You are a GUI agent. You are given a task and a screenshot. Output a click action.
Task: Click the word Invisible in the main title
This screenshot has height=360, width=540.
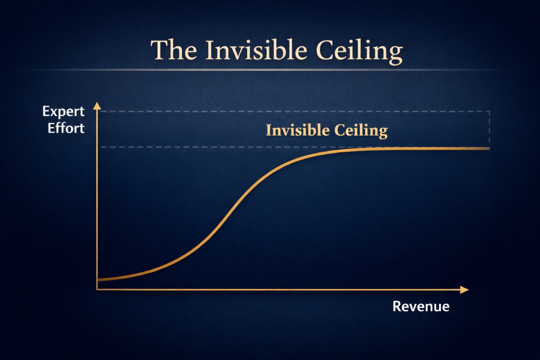click(256, 50)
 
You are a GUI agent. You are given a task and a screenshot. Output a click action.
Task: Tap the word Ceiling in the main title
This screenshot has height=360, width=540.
click(359, 52)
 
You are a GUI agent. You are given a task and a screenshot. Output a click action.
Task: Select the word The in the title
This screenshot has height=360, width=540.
click(174, 50)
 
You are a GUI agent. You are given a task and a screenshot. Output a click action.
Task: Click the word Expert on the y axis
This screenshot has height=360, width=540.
click(63, 112)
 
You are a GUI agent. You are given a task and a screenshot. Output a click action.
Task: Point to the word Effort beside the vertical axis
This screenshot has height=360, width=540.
click(66, 128)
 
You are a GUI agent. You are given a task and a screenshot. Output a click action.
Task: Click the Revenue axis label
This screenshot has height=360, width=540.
click(421, 306)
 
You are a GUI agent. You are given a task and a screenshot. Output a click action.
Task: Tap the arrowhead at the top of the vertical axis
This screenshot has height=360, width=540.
click(97, 106)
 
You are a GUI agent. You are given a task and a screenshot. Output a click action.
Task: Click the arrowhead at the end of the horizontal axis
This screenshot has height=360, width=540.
click(464, 290)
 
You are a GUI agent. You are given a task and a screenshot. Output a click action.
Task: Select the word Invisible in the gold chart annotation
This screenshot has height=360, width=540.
click(298, 130)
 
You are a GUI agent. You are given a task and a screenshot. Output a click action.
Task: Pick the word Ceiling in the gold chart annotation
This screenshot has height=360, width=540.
click(361, 131)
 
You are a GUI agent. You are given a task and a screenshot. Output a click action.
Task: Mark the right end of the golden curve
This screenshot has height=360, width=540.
click(489, 148)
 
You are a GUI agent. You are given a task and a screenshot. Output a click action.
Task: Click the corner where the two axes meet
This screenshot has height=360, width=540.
click(97, 289)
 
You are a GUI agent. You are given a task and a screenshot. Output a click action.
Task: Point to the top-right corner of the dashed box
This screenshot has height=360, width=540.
click(490, 112)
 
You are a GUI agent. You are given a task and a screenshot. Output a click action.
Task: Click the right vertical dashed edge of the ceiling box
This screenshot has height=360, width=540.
click(490, 129)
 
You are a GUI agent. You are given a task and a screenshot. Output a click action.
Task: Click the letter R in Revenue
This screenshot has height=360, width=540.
click(397, 306)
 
